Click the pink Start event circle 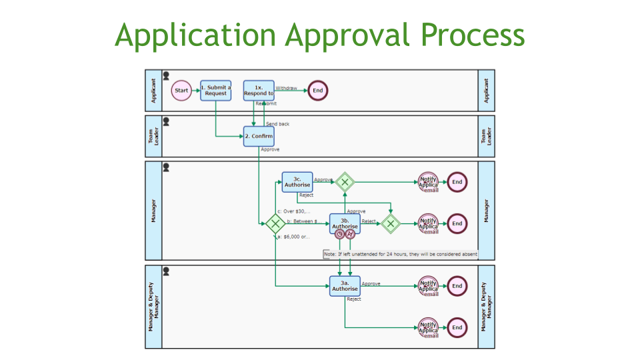click(x=181, y=90)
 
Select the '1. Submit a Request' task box click(x=215, y=90)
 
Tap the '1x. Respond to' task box click(x=258, y=90)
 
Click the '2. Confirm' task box click(x=258, y=136)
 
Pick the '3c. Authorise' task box click(x=297, y=182)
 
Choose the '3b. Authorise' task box click(x=345, y=223)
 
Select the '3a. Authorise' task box click(x=345, y=286)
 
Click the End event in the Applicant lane click(x=317, y=90)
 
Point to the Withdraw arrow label click(x=287, y=88)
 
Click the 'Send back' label click(x=277, y=124)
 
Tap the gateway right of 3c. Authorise click(x=344, y=182)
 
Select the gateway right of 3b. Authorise click(x=391, y=223)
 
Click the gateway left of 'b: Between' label click(x=275, y=224)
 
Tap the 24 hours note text click(x=400, y=254)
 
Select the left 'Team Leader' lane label click(x=153, y=136)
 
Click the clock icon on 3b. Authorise click(x=339, y=234)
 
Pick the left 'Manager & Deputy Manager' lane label click(x=153, y=306)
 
